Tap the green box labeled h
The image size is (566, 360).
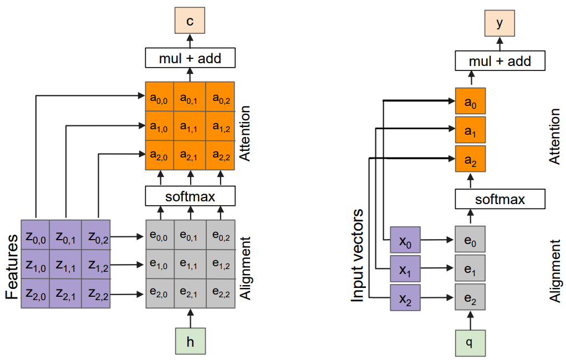190,341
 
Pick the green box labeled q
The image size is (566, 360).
470,342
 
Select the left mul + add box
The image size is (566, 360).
190,58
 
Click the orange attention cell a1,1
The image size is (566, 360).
190,126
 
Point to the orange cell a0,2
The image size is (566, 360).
221,97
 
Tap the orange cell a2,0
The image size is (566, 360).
160,156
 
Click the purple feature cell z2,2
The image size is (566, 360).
98,294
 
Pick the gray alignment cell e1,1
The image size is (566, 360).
190,265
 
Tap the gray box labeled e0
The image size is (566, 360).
470,240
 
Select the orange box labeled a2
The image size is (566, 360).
470,160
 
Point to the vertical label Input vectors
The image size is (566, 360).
358,255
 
